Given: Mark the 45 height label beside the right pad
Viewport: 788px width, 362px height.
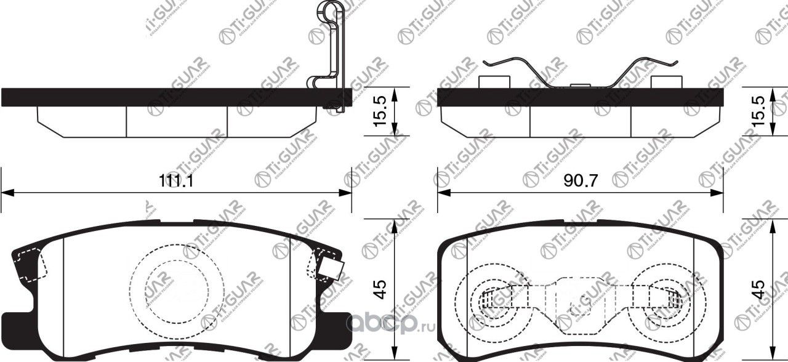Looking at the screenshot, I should (760, 288).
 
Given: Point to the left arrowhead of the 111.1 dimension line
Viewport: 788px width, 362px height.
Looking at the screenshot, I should (6, 193).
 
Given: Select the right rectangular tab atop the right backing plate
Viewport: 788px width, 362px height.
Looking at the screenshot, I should (665, 82).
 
